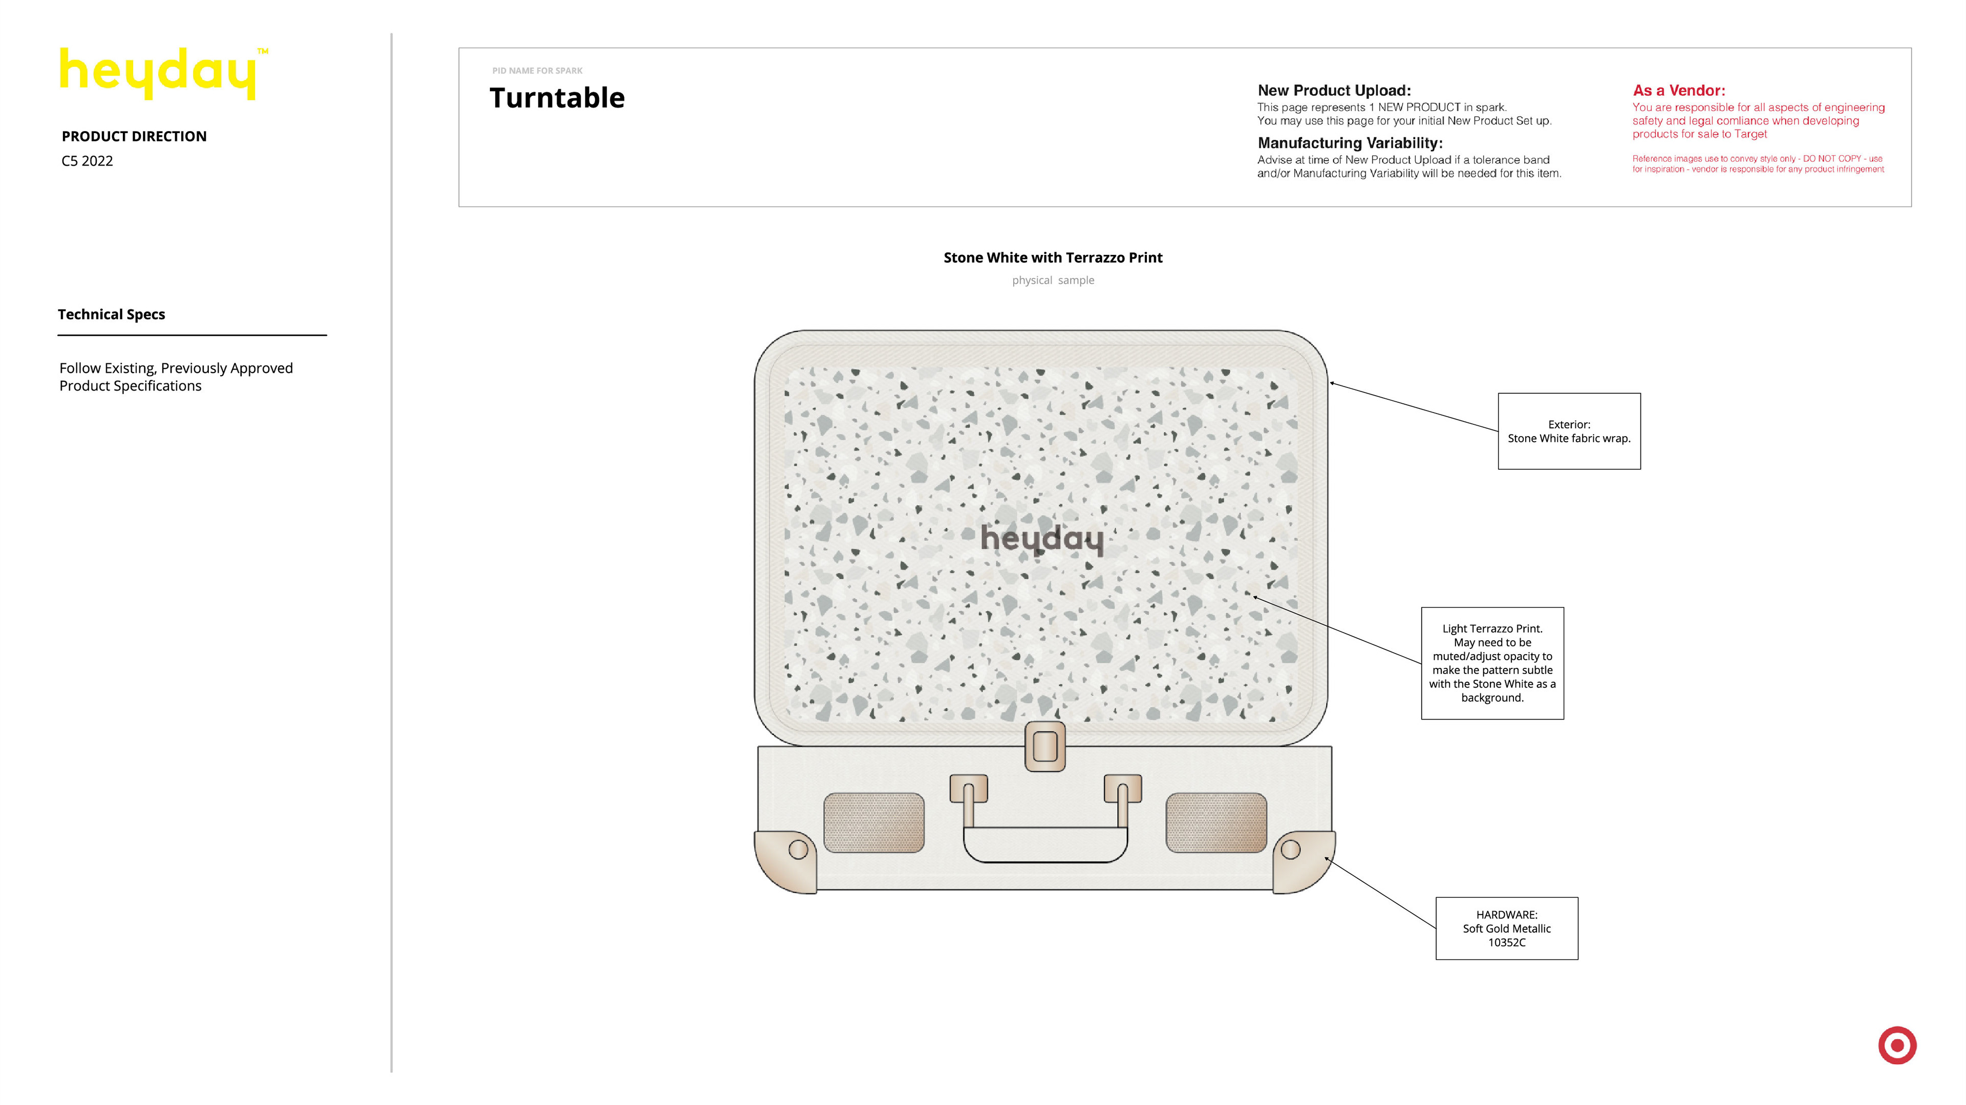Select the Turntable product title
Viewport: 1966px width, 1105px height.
click(x=557, y=98)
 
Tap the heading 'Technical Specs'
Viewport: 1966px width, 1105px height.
click(x=112, y=314)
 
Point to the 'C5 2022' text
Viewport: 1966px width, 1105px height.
click(x=87, y=161)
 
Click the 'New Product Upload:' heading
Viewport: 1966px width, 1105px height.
click(x=1334, y=91)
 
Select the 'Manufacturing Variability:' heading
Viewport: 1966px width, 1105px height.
click(x=1350, y=143)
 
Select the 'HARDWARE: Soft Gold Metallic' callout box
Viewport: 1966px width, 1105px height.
click(x=1507, y=928)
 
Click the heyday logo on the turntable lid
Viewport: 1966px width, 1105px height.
click(x=1042, y=539)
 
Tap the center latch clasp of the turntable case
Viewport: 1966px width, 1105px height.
click(x=1045, y=746)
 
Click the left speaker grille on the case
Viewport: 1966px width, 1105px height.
click(x=874, y=822)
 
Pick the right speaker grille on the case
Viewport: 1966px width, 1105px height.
click(x=1216, y=822)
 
